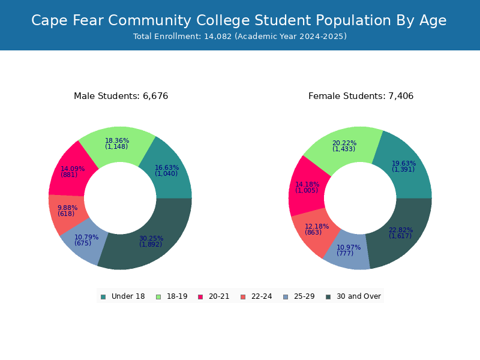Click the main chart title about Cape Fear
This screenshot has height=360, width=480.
(239, 20)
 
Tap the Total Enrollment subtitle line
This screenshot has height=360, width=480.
(240, 37)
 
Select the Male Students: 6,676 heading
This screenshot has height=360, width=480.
(121, 96)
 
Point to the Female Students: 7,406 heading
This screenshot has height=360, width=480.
(361, 96)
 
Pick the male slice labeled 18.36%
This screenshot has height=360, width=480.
(117, 144)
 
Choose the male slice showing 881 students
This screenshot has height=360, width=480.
(70, 172)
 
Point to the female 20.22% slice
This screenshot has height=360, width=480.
(344, 146)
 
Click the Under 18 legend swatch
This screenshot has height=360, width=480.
(103, 297)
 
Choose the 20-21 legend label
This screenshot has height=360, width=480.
(219, 296)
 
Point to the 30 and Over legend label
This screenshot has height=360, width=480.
(359, 296)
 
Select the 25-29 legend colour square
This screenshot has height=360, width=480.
(286, 297)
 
